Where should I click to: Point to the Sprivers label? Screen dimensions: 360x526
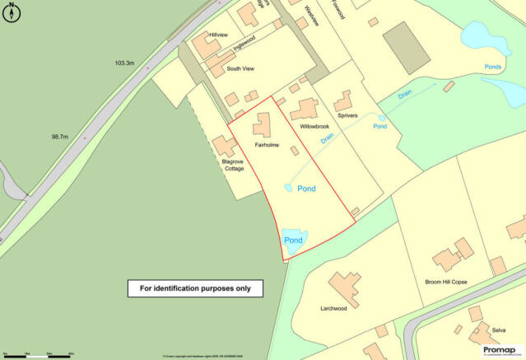pyautogui.click(x=347, y=116)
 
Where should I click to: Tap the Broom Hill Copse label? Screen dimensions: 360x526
pyautogui.click(x=445, y=282)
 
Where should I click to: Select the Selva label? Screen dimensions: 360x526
pyautogui.click(x=499, y=330)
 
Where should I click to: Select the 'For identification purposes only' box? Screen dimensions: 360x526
pyautogui.click(x=195, y=288)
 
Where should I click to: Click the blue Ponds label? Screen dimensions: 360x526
pyautogui.click(x=491, y=80)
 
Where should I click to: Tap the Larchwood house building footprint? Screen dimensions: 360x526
pyautogui.click(x=344, y=288)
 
